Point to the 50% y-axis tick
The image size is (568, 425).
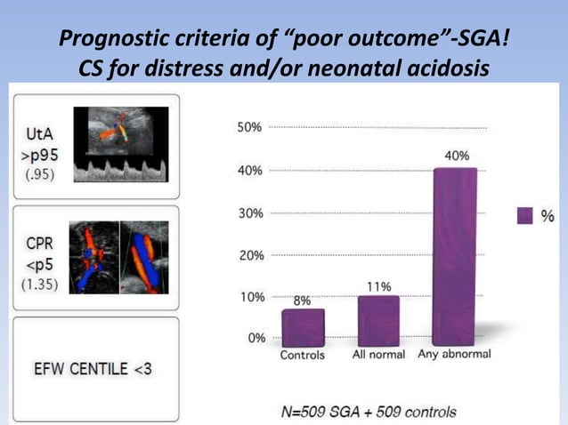[x=249, y=127]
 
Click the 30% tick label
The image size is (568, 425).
[x=249, y=213]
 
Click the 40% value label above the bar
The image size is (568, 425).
[x=458, y=156]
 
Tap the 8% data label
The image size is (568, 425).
[x=303, y=301]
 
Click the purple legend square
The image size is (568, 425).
[x=524, y=215]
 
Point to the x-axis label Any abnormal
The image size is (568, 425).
[x=453, y=355]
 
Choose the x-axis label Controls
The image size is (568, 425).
[x=303, y=355]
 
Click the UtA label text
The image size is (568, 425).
[x=31, y=133]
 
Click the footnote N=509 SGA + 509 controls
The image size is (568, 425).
[x=369, y=412]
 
